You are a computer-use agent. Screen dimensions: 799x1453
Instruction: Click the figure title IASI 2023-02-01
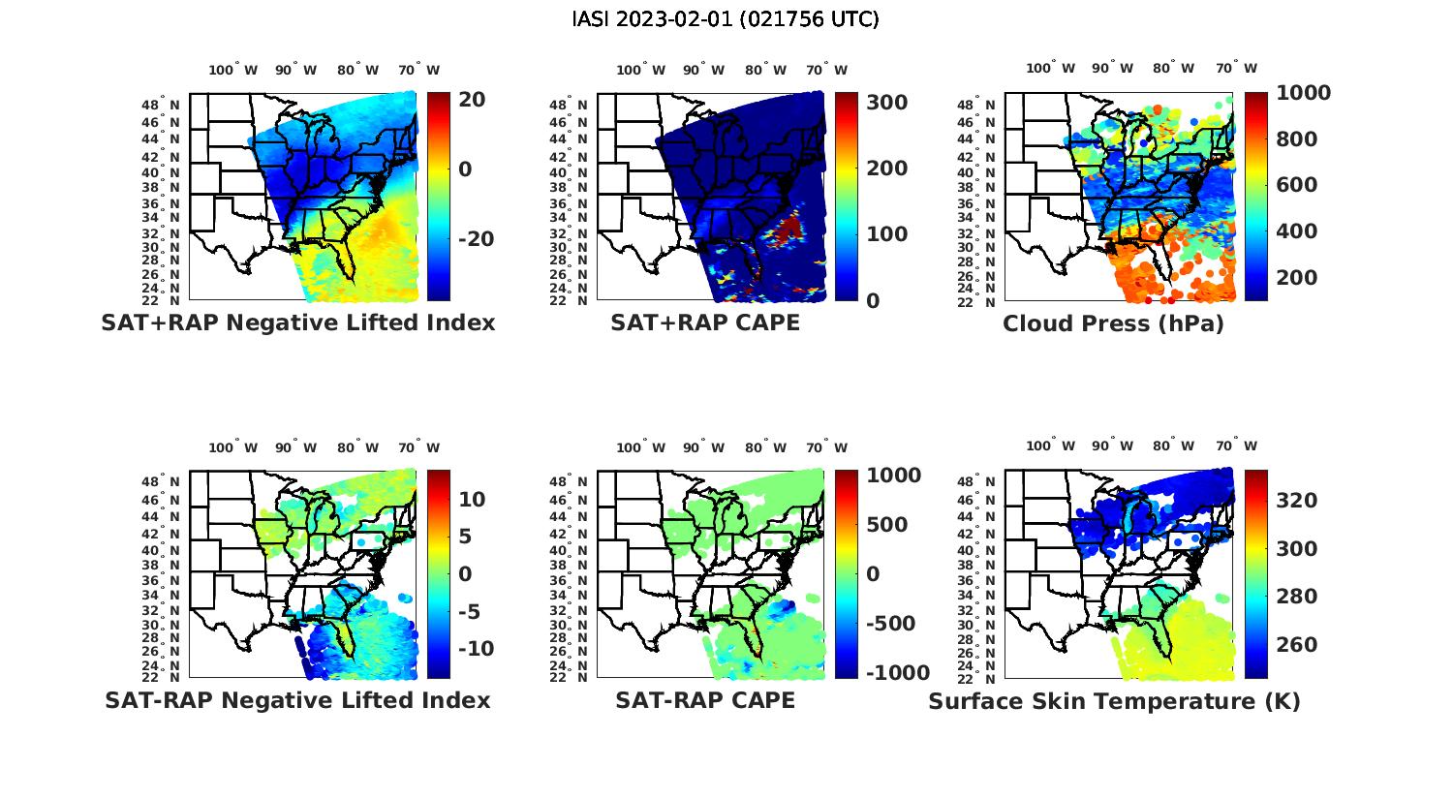pos(726,19)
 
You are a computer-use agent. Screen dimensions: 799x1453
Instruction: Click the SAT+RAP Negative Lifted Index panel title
pos(297,323)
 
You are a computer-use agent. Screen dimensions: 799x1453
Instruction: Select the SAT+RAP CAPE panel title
pos(705,323)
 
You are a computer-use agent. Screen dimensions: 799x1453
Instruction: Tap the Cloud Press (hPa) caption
pos(1113,323)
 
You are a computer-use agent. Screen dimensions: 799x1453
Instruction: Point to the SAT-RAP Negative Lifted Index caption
pos(297,700)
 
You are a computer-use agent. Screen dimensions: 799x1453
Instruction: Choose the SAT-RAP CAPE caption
pos(705,700)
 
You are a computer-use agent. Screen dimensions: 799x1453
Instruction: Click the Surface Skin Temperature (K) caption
pos(1114,701)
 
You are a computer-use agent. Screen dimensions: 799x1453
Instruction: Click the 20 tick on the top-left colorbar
pos(473,100)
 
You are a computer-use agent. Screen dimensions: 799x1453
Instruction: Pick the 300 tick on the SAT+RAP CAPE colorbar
pos(886,103)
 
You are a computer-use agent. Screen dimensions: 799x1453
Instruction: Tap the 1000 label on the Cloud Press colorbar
pos(1303,93)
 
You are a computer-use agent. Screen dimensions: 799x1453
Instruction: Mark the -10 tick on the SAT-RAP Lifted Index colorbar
pos(474,649)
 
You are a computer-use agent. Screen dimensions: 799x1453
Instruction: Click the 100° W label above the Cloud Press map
pos(1051,69)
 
